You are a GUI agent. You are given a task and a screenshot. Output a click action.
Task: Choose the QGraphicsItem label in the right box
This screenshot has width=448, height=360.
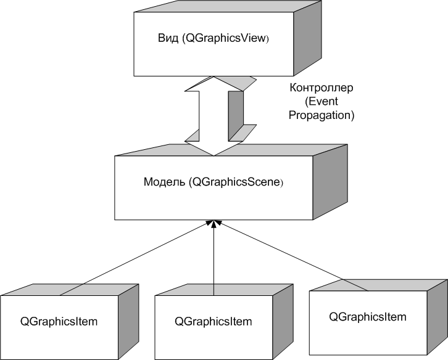tap(368, 317)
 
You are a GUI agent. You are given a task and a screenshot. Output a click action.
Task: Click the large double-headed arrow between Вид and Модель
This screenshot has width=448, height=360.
tap(214, 117)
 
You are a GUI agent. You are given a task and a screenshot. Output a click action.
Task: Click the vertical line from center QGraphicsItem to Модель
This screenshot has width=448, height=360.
tap(214, 259)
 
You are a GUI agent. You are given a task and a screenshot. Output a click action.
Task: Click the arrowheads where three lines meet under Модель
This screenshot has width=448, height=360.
tap(214, 223)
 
